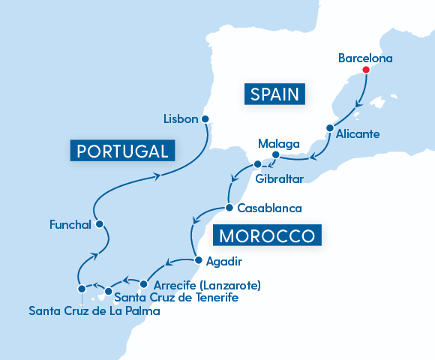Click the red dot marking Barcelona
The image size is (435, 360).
pyautogui.click(x=365, y=70)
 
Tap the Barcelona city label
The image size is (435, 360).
pyautogui.click(x=365, y=57)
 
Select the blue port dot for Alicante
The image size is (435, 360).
pyautogui.click(x=329, y=128)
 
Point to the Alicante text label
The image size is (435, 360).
pyautogui.click(x=358, y=135)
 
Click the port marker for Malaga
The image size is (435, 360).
pyautogui.click(x=275, y=156)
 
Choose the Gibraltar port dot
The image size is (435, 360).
pyautogui.click(x=257, y=164)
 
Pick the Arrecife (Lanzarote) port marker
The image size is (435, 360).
pyautogui.click(x=144, y=285)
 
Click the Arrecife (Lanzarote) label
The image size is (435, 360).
pyautogui.click(x=206, y=285)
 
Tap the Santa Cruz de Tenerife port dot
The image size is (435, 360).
pyautogui.click(x=108, y=291)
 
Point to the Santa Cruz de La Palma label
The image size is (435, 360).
pyautogui.click(x=94, y=310)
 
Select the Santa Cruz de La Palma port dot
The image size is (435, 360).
pyautogui.click(x=81, y=289)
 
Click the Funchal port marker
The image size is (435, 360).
pyautogui.click(x=99, y=224)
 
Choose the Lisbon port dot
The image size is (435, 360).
pyautogui.click(x=205, y=118)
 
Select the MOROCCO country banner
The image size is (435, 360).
pyautogui.click(x=268, y=236)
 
